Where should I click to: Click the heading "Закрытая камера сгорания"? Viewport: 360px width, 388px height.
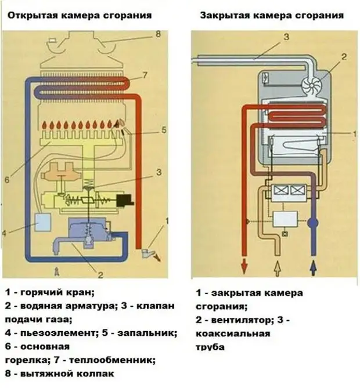[271, 14]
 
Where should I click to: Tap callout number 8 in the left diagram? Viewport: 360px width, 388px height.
[157, 34]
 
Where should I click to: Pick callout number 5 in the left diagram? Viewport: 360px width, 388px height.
[164, 129]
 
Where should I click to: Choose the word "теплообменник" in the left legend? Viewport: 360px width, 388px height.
[123, 360]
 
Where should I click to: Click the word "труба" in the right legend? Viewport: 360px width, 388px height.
[210, 347]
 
